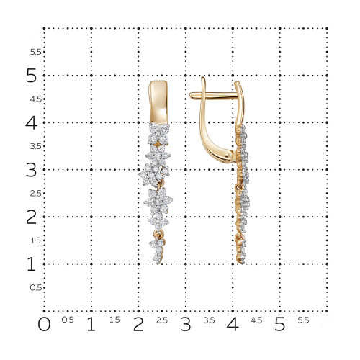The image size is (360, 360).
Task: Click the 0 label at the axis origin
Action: [x=44, y=324]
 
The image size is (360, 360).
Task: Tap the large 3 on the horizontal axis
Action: [x=186, y=324]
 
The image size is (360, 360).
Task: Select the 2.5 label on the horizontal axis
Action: [x=162, y=320]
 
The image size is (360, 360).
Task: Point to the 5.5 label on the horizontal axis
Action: [x=303, y=320]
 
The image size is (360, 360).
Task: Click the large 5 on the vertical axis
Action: [x=32, y=76]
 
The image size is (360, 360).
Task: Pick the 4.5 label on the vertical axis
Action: [x=36, y=99]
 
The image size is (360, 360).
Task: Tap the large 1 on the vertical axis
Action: [x=32, y=264]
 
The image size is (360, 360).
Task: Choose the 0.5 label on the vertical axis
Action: [x=36, y=287]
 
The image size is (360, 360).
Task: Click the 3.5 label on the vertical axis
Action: [x=36, y=146]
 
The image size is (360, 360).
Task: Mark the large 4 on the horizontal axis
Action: [x=233, y=324]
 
